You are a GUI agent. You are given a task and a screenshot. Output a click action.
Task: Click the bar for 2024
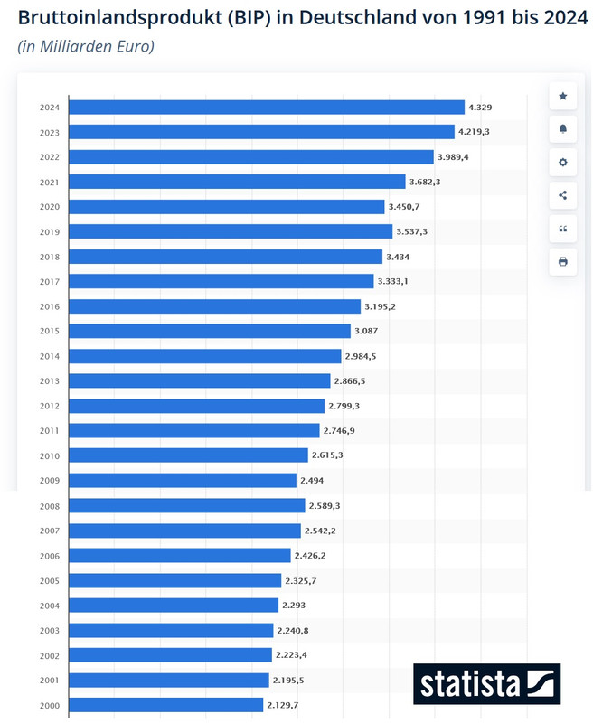[x=267, y=108]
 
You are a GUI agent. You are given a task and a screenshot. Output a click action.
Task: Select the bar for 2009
[x=183, y=481]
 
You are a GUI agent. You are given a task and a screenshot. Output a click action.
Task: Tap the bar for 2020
[x=227, y=207]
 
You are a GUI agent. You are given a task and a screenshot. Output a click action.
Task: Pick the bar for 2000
[x=166, y=704]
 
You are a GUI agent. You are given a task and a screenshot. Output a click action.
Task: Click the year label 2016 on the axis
[x=51, y=306]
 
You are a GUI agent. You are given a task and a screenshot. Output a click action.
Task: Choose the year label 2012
[x=51, y=406]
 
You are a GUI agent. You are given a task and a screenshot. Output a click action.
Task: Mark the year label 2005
[x=51, y=580]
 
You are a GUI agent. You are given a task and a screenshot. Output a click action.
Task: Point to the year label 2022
[x=51, y=157]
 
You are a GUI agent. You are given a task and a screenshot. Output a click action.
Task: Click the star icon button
[x=563, y=96]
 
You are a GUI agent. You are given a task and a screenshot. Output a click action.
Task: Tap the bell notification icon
[x=563, y=129]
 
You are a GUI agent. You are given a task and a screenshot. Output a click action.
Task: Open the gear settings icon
[x=563, y=163]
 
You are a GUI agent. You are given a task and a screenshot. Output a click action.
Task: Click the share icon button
[x=563, y=195]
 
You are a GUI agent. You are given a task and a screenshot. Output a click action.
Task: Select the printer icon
[x=563, y=262]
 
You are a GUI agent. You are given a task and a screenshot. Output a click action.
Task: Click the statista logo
[x=487, y=684]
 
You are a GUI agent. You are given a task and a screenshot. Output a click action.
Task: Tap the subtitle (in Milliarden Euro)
[x=86, y=46]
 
